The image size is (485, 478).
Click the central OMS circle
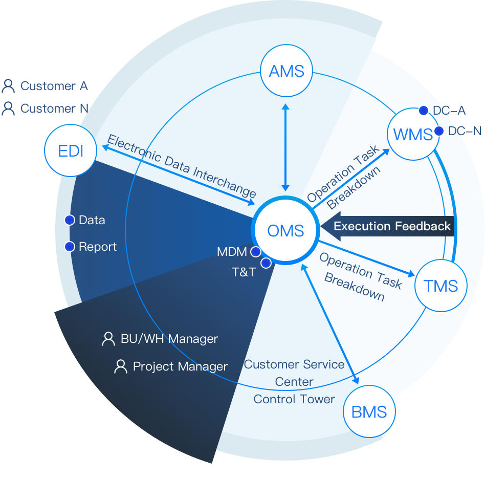click(x=285, y=231)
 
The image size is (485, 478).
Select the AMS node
click(x=286, y=71)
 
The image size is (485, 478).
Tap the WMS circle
click(x=412, y=135)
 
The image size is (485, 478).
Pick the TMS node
click(x=440, y=286)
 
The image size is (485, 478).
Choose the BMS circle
click(x=369, y=412)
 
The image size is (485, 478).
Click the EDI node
click(x=71, y=151)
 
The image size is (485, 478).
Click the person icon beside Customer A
click(x=8, y=86)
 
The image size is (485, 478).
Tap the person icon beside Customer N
click(x=8, y=108)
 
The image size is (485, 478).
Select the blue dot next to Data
click(x=70, y=220)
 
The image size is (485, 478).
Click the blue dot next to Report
click(x=70, y=247)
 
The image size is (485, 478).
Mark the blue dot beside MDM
click(x=255, y=252)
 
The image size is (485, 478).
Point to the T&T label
click(x=244, y=272)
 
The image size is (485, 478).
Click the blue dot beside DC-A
click(x=424, y=110)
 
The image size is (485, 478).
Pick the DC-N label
click(x=465, y=131)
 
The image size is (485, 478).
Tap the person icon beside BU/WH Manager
click(x=108, y=339)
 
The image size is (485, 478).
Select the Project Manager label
click(x=180, y=366)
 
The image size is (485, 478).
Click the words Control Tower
click(x=294, y=399)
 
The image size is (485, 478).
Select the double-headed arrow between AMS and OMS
click(x=285, y=147)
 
